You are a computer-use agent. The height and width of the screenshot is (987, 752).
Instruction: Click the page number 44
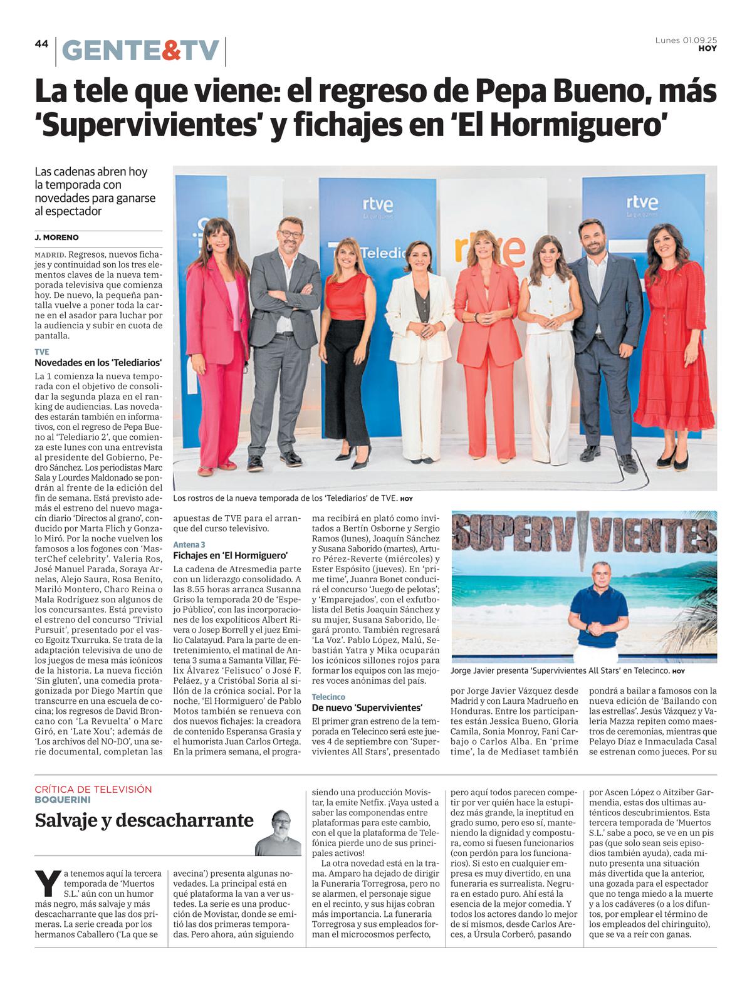coord(41,44)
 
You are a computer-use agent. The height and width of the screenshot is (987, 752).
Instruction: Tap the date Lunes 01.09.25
coord(686,41)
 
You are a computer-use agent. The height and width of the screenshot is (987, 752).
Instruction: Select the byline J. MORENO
coord(57,238)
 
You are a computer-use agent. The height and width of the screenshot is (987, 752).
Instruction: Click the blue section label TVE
coord(42,352)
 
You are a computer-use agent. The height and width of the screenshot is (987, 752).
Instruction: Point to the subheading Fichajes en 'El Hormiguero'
coord(230,555)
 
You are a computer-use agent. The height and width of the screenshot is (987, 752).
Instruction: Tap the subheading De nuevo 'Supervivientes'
coord(367,707)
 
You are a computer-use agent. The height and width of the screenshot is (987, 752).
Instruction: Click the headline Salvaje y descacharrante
coord(144,820)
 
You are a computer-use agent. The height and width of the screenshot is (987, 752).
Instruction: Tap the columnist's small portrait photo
coord(278,833)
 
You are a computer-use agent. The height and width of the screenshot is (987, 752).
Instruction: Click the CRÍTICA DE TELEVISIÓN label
coord(93,789)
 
